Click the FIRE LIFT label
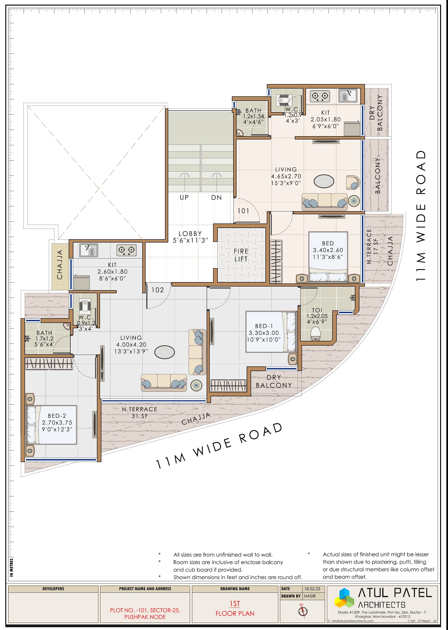tap(241, 255)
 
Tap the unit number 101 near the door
tap(243, 211)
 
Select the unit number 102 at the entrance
tap(158, 290)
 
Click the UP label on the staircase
tap(184, 197)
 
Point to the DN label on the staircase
tap(216, 197)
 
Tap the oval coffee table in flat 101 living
tap(324, 181)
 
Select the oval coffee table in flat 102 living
tap(165, 352)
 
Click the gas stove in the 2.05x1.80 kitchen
tap(320, 96)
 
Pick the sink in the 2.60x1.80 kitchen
tap(89, 250)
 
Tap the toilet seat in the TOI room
tap(315, 334)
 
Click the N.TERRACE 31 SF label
tap(140, 413)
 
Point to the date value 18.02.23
tap(312, 589)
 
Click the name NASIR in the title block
tap(310, 596)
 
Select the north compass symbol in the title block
tap(303, 611)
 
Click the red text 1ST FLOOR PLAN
tap(235, 609)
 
